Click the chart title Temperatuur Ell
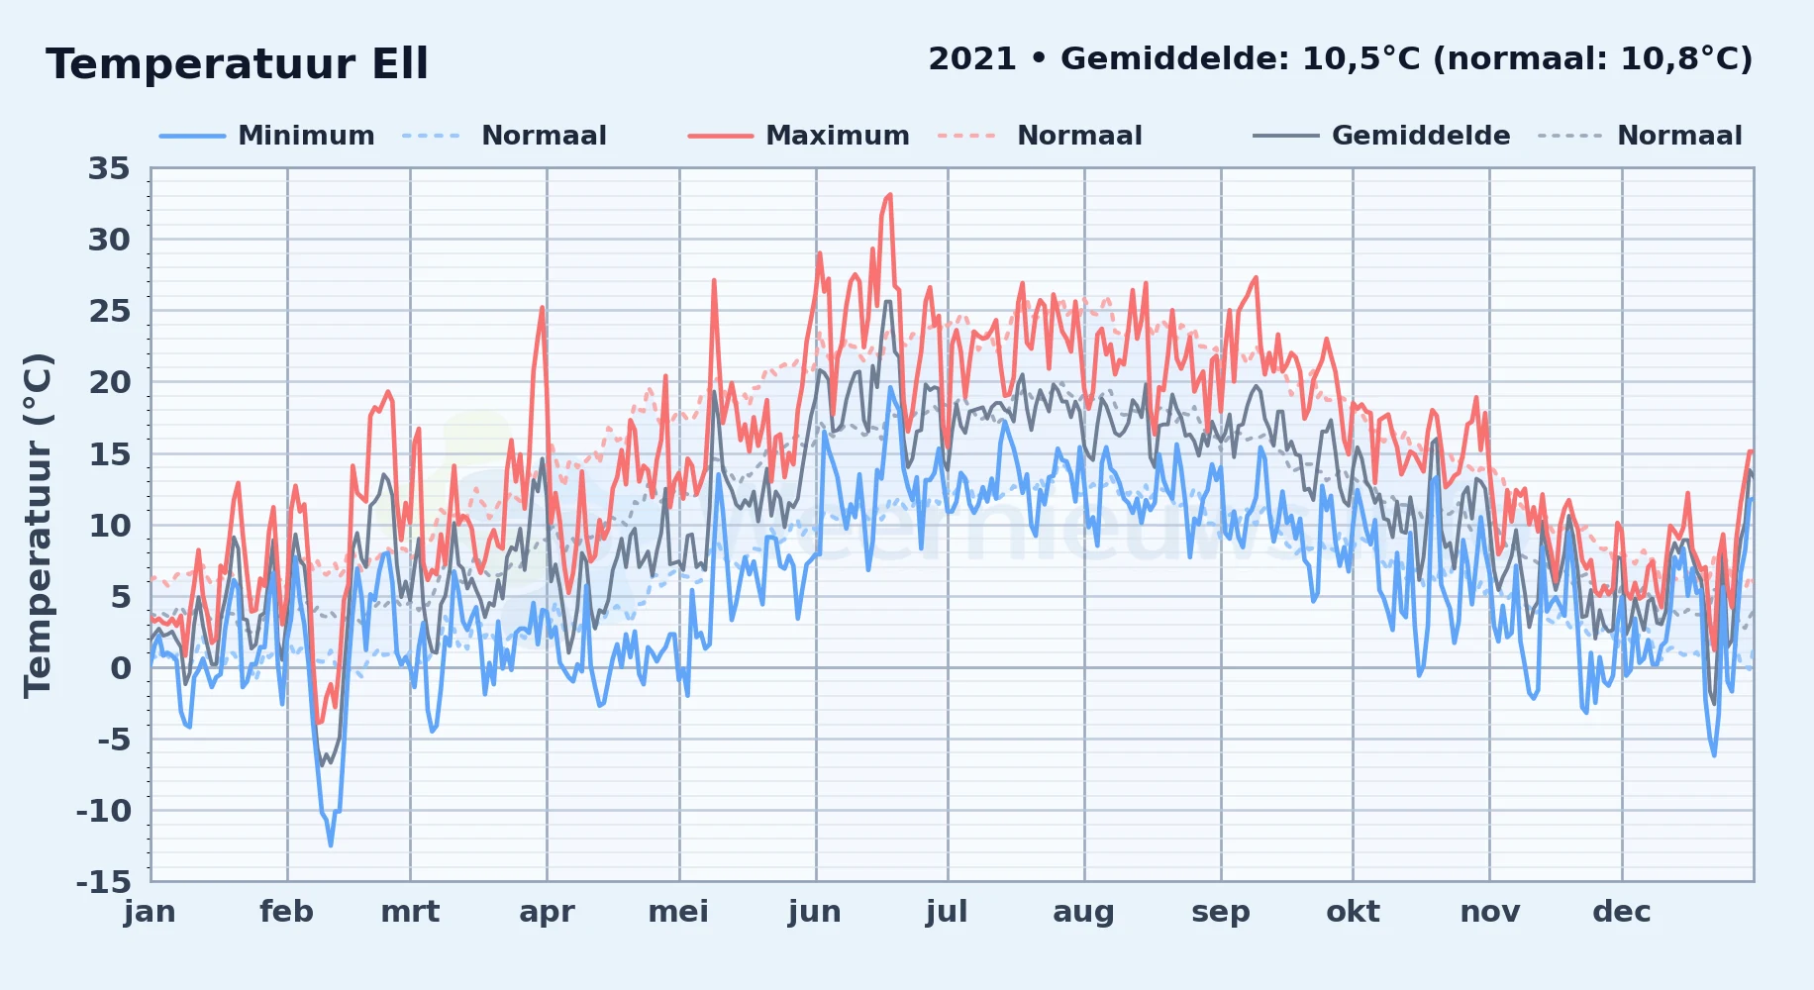(x=237, y=64)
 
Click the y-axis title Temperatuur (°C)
(x=38, y=525)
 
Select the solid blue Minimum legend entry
(x=267, y=136)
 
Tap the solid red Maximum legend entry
(x=799, y=136)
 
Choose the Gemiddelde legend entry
(x=1382, y=136)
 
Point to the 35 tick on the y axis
(x=109, y=168)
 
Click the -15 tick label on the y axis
(x=103, y=881)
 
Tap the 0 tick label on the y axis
(x=121, y=667)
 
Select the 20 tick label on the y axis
(x=109, y=382)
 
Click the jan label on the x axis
(x=151, y=912)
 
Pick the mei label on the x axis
(x=678, y=912)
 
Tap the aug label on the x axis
(x=1083, y=912)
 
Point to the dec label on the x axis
(x=1621, y=912)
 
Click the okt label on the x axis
(x=1353, y=912)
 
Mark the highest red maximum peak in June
(x=889, y=195)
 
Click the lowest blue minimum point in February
(x=331, y=844)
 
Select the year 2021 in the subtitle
(x=972, y=59)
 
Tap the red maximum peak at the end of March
(x=543, y=307)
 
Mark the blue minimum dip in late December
(x=1714, y=755)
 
